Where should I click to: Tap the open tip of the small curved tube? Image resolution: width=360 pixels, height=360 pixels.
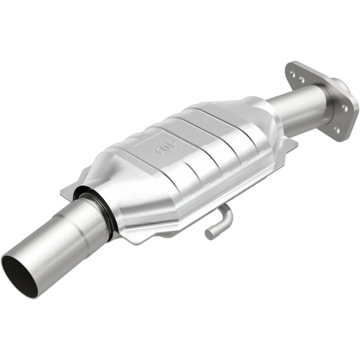208,233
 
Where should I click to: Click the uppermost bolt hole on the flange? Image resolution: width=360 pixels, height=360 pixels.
293,73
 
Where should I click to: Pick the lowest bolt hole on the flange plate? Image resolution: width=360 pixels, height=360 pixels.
336,129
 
